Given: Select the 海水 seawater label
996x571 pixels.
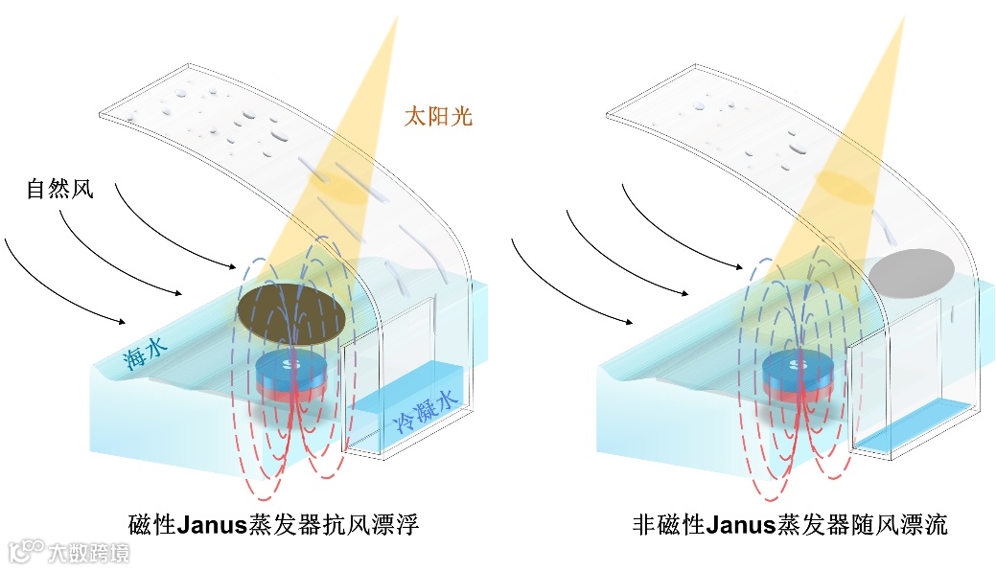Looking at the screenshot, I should [x=143, y=354].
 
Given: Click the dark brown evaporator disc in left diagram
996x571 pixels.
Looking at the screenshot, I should [x=289, y=315].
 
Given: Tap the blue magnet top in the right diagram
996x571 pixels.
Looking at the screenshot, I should [x=798, y=364].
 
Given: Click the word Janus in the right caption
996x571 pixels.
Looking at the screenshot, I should [x=744, y=524].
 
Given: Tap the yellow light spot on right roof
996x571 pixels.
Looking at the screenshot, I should [x=844, y=186].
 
